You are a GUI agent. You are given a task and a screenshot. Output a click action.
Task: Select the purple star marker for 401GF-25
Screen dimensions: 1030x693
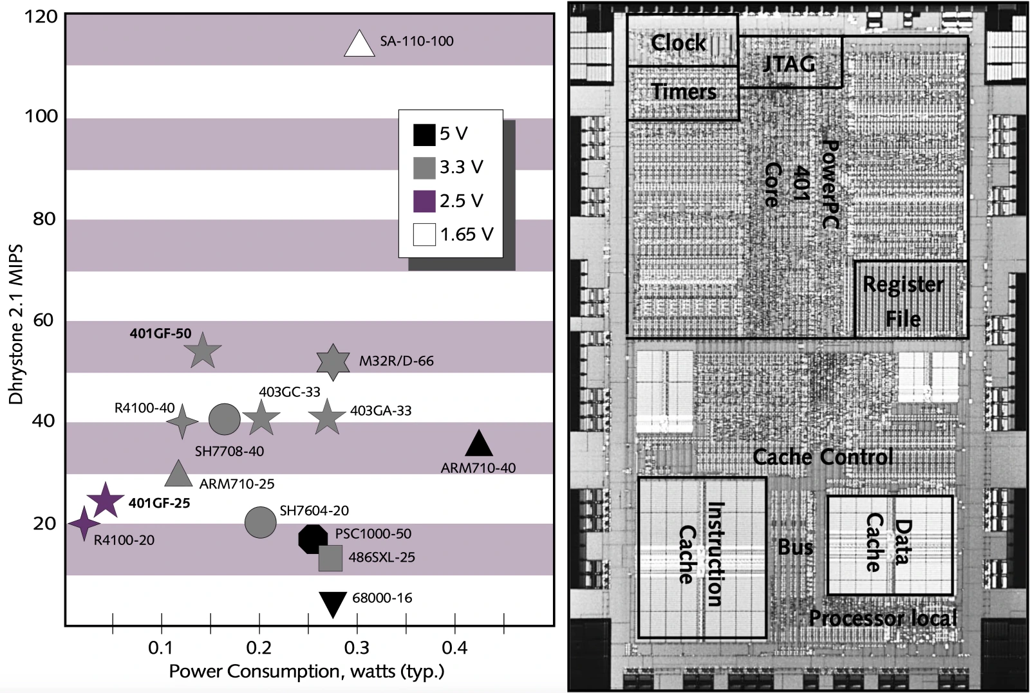tap(106, 500)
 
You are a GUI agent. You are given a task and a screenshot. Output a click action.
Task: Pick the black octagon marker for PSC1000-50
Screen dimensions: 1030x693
tap(313, 539)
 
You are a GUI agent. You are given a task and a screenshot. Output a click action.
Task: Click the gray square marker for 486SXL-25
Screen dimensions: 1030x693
tap(331, 559)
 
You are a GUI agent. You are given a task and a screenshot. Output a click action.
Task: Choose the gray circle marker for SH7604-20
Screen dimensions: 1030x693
tap(260, 522)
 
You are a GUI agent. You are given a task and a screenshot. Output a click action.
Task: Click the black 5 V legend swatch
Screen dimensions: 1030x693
tap(424, 134)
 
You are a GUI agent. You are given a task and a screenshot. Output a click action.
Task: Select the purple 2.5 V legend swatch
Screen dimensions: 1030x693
tap(424, 201)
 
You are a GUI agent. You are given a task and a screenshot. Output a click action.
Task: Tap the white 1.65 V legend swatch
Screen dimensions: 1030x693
tap(424, 235)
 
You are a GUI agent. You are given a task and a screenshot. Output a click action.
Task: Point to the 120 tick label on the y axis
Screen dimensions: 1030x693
tap(41, 17)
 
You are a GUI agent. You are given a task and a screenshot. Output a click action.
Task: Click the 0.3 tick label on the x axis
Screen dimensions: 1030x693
tap(357, 648)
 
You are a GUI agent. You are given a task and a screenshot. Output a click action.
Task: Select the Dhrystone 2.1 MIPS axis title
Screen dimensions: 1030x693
tap(16, 324)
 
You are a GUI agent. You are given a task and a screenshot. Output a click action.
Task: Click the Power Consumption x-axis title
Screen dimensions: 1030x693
tap(306, 672)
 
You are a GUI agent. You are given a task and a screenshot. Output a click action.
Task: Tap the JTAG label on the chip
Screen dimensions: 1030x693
tap(789, 64)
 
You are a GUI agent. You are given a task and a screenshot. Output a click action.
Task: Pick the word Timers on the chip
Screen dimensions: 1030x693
tap(684, 91)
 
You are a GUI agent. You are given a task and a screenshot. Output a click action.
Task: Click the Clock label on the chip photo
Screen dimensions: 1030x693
tap(679, 43)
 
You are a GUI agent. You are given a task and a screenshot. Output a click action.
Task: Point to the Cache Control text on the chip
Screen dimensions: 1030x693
tap(823, 457)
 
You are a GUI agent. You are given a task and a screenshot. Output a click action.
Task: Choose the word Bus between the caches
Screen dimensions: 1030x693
tap(796, 548)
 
